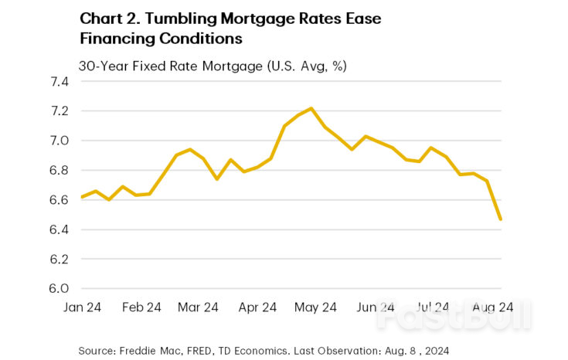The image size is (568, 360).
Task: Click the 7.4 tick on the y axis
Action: point(60,81)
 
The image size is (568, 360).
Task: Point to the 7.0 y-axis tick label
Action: point(60,141)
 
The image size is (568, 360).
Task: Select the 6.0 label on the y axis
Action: point(60,288)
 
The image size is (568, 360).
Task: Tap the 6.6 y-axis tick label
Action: point(60,200)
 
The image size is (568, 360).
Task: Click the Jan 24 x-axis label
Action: point(81,307)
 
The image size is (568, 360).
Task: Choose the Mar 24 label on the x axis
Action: point(198,307)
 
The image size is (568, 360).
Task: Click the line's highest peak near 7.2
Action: point(311,108)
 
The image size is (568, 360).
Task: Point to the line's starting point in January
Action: point(81,197)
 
